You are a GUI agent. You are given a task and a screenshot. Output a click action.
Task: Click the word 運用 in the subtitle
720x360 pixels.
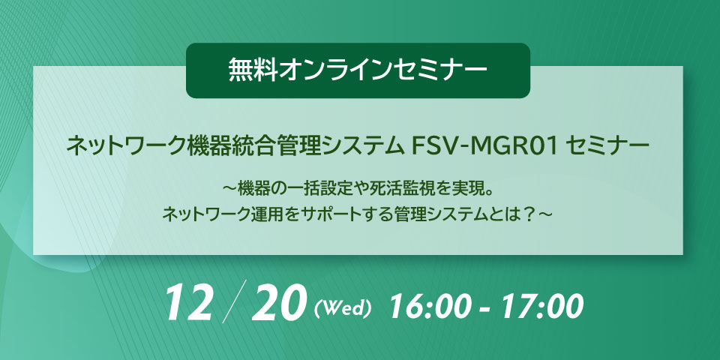[268, 214]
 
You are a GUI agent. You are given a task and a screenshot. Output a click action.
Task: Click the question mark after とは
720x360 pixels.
[529, 214]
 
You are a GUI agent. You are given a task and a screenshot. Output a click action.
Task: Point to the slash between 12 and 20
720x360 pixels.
[232, 301]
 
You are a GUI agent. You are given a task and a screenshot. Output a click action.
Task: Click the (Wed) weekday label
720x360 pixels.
[343, 307]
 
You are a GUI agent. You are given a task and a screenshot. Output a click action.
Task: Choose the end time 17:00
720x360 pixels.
[541, 306]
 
